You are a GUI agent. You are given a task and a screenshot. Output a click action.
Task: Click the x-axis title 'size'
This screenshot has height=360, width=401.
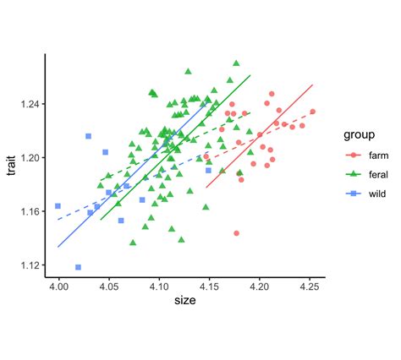(x=185, y=301)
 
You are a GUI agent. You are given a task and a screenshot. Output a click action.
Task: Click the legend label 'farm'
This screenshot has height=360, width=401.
(x=378, y=155)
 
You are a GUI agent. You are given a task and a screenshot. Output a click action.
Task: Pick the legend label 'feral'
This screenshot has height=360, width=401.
(x=378, y=173)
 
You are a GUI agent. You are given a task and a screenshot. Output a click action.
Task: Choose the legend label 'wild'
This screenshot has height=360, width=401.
(x=377, y=193)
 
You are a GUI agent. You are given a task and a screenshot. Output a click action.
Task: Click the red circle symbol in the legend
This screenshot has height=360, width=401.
(x=354, y=155)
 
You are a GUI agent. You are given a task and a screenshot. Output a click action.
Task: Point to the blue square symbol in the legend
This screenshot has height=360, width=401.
(x=354, y=193)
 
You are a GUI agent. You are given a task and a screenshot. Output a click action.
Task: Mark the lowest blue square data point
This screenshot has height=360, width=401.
(x=79, y=267)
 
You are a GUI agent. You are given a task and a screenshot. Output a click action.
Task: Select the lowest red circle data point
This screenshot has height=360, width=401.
(x=236, y=233)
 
